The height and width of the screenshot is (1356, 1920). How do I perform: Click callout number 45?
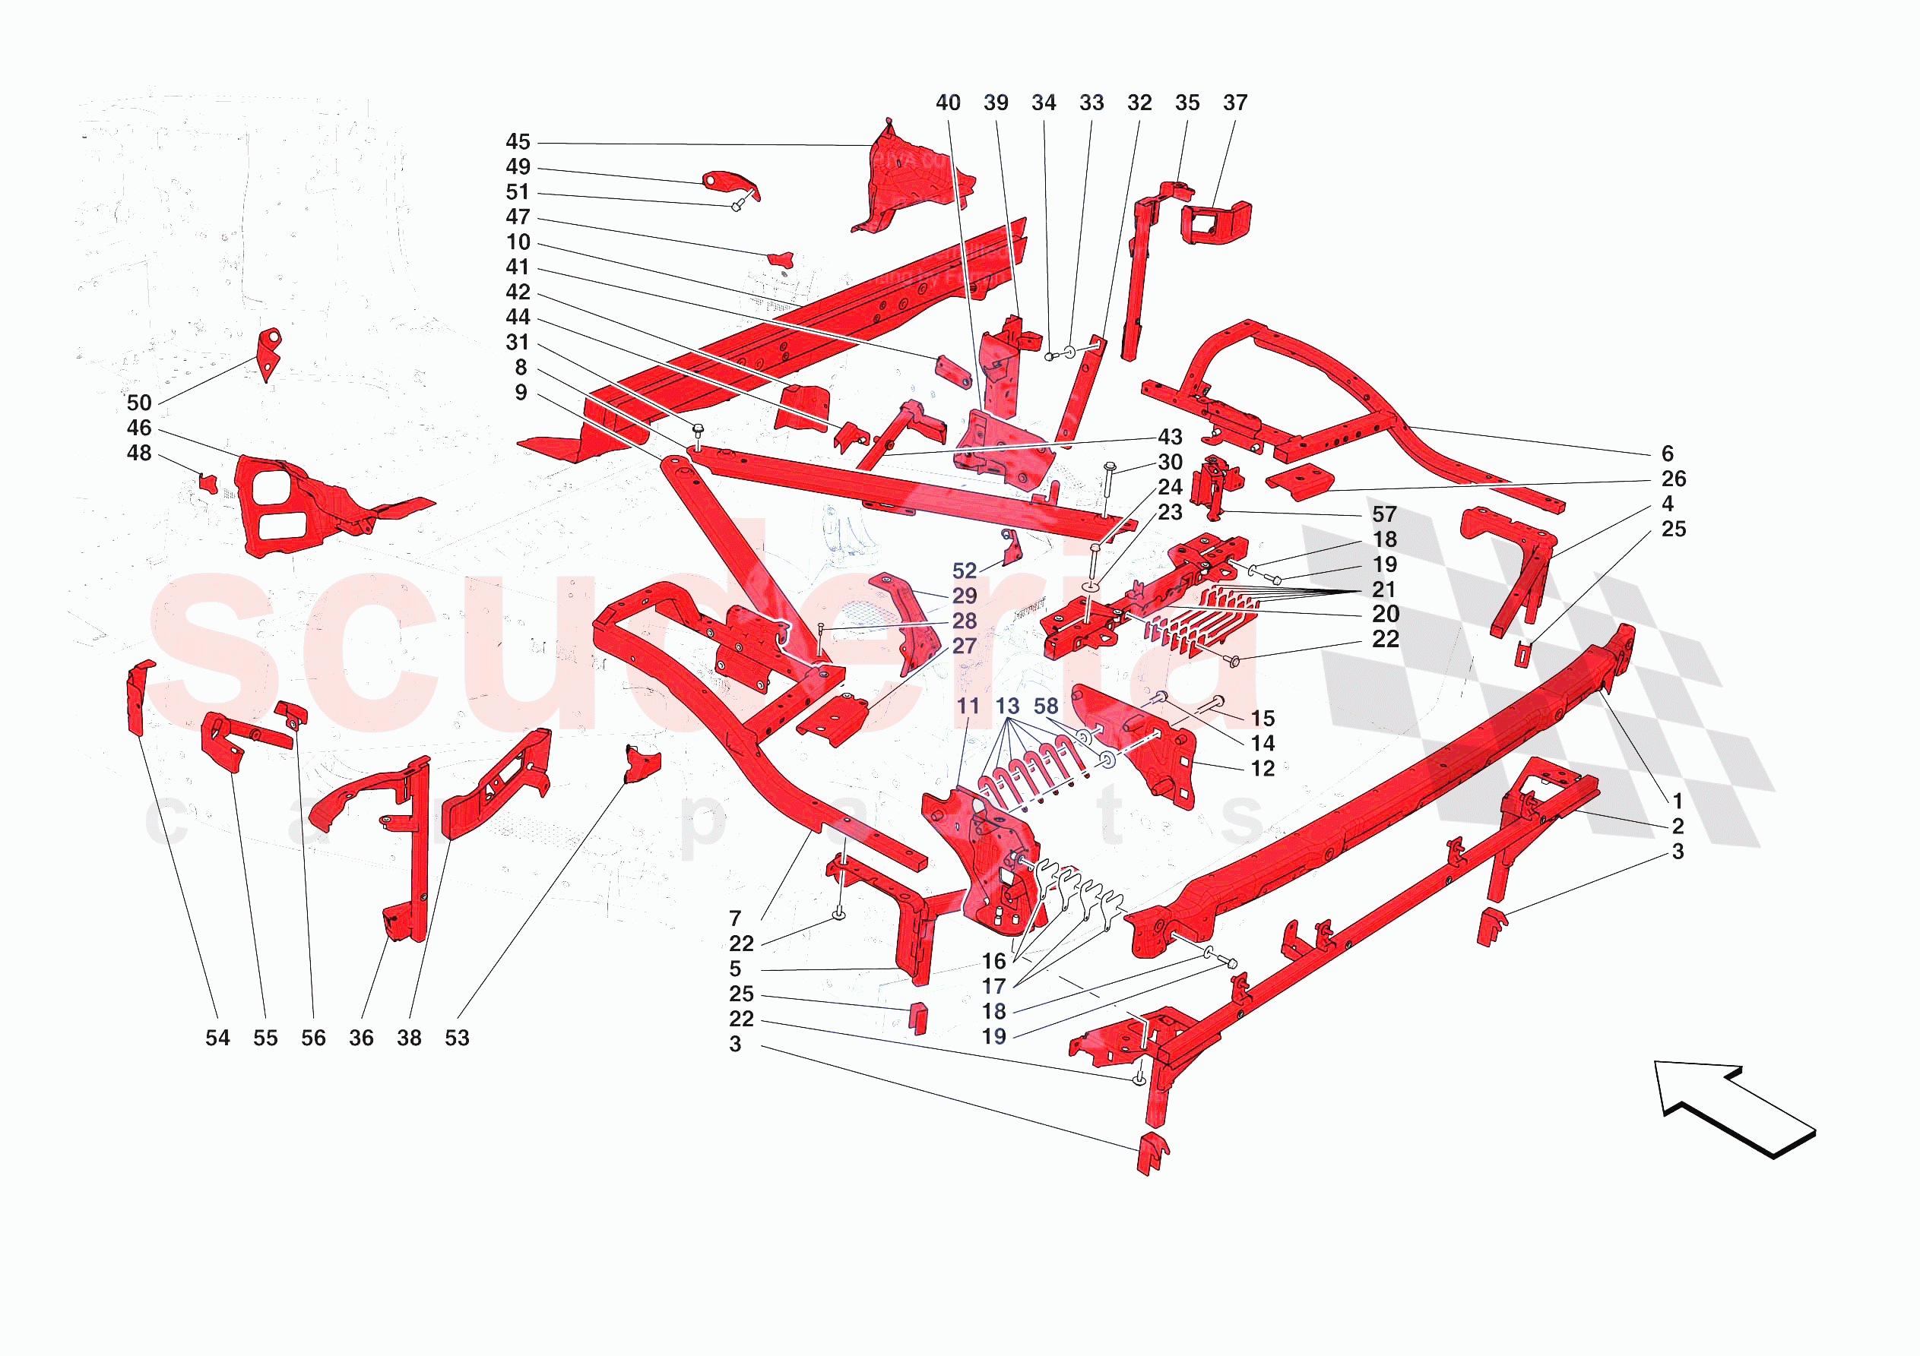(518, 142)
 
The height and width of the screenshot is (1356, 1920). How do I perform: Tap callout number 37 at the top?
(1235, 103)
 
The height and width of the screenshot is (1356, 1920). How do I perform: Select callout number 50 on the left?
(139, 403)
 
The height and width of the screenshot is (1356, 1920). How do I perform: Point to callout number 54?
(217, 1038)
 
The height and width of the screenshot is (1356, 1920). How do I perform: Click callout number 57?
(1384, 515)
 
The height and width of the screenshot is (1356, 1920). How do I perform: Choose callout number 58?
(1045, 706)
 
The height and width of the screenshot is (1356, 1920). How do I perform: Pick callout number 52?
(965, 571)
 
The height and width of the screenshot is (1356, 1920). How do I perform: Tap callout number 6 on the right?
(1667, 454)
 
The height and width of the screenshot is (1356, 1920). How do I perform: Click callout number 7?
(735, 918)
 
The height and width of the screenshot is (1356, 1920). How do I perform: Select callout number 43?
(1170, 438)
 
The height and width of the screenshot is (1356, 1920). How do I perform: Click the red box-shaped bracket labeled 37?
(1217, 223)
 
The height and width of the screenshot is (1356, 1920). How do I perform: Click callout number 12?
(1262, 769)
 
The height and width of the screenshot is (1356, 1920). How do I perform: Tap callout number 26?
(1673, 479)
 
